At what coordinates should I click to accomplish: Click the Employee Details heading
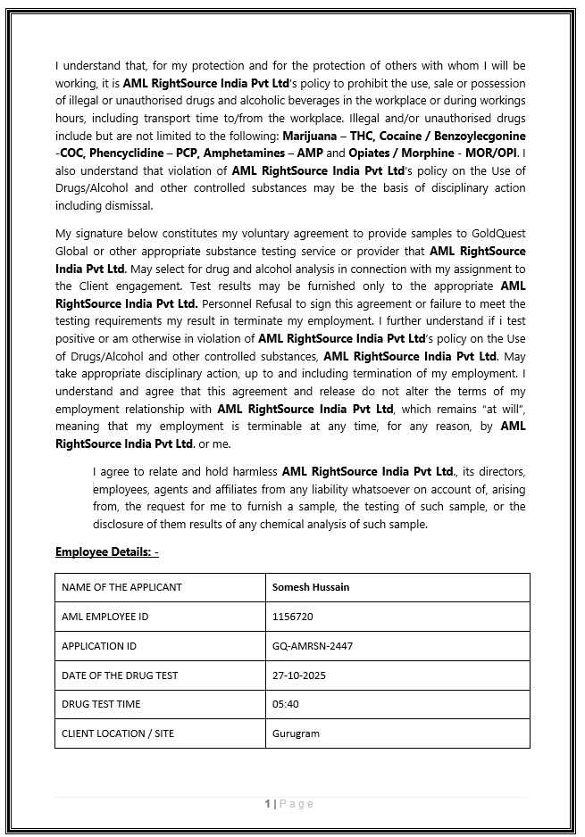point(107,552)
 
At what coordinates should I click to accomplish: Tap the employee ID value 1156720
point(293,617)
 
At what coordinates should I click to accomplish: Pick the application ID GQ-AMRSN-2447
point(313,646)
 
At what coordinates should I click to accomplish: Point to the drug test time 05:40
point(286,704)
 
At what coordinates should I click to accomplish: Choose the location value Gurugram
point(296,733)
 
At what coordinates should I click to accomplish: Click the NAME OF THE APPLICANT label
point(121,587)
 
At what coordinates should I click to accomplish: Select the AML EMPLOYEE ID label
point(105,617)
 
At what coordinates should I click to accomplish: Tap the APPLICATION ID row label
point(99,646)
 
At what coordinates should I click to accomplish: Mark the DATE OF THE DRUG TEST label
point(120,675)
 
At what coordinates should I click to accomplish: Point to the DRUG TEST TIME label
point(101,704)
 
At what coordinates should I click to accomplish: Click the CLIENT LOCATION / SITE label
point(118,733)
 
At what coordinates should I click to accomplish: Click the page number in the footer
point(268,804)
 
